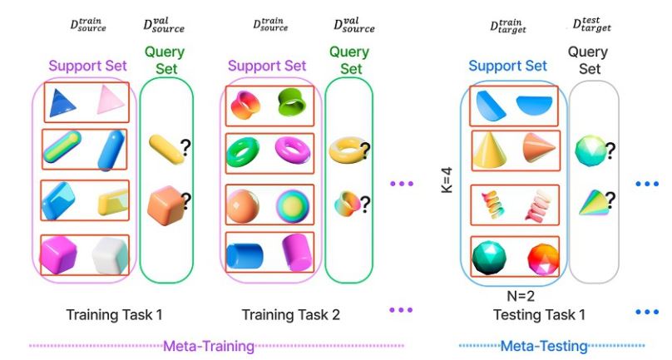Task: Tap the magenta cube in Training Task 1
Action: [59, 253]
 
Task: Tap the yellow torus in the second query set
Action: [343, 150]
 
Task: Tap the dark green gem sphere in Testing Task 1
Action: [489, 256]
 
